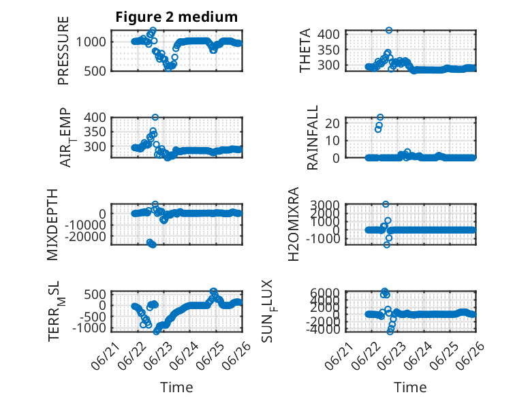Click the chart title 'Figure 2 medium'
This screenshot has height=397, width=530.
(176, 17)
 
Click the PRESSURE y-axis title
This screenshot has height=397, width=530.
(63, 50)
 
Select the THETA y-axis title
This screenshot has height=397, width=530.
(305, 50)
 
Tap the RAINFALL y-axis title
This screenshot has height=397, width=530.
(312, 137)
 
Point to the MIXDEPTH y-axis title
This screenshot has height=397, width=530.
(52, 225)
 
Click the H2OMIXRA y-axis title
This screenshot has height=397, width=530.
(294, 224)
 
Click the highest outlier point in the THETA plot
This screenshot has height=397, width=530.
(389, 30)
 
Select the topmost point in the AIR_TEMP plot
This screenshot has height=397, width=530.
(155, 117)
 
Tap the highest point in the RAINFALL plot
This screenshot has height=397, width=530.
(380, 117)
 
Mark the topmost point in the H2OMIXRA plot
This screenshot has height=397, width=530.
(386, 204)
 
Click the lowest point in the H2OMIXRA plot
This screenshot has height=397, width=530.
(387, 244)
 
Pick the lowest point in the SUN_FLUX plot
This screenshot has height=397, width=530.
(390, 332)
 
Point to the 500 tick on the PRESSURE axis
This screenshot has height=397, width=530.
(95, 71)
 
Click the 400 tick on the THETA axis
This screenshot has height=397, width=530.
(328, 34)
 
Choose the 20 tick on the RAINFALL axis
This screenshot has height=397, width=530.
(332, 123)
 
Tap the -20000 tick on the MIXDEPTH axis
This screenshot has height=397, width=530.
(86, 237)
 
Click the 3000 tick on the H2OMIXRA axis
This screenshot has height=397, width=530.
(325, 205)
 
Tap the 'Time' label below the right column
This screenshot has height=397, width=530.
(410, 387)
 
